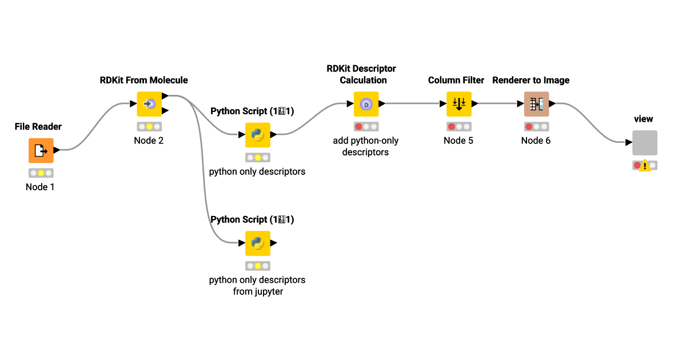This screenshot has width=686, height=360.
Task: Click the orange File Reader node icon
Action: pyautogui.click(x=41, y=150)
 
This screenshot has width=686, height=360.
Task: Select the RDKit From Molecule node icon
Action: pyautogui.click(x=149, y=104)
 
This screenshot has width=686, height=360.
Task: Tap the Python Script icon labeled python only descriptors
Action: pyautogui.click(x=257, y=135)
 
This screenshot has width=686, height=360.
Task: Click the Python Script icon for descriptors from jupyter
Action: pyautogui.click(x=257, y=243)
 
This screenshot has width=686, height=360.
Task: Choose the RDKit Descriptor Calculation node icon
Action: pyautogui.click(x=366, y=104)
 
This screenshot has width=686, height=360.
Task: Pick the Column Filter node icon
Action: pyautogui.click(x=458, y=104)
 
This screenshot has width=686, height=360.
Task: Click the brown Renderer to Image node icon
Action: pyautogui.click(x=536, y=104)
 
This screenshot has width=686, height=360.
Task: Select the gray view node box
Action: pyautogui.click(x=644, y=143)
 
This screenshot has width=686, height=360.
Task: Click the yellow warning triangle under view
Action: pyautogui.click(x=644, y=166)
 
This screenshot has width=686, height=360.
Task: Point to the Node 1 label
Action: pyautogui.click(x=41, y=186)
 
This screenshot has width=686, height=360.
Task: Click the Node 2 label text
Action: pyautogui.click(x=149, y=141)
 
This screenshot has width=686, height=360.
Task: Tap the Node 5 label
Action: pyautogui.click(x=458, y=141)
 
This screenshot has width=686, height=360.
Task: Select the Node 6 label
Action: pyautogui.click(x=536, y=141)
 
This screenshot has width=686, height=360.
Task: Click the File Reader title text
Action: pyautogui.click(x=38, y=126)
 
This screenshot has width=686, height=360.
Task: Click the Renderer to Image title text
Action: pyautogui.click(x=531, y=80)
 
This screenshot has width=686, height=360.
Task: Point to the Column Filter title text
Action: pyautogui.click(x=456, y=80)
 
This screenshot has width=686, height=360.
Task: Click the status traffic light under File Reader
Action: pyautogui.click(x=41, y=173)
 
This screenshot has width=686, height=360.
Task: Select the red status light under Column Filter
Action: pyautogui.click(x=451, y=126)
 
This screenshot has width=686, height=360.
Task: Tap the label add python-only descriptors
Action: pyautogui.click(x=366, y=146)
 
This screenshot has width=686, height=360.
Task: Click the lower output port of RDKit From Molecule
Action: pyautogui.click(x=165, y=110)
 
